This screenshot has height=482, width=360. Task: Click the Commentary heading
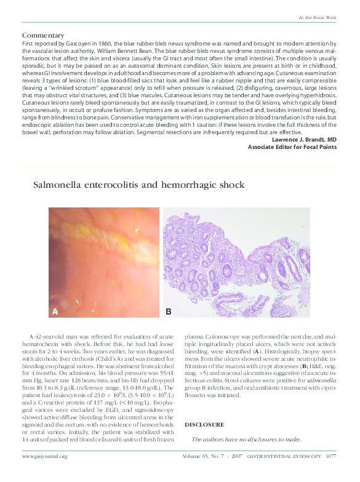(43, 35)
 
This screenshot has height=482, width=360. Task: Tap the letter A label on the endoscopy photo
(55, 312)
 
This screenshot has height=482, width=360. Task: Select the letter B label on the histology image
(168, 312)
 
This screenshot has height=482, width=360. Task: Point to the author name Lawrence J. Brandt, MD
(303, 140)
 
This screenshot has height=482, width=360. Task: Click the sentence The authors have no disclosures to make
(246, 439)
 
